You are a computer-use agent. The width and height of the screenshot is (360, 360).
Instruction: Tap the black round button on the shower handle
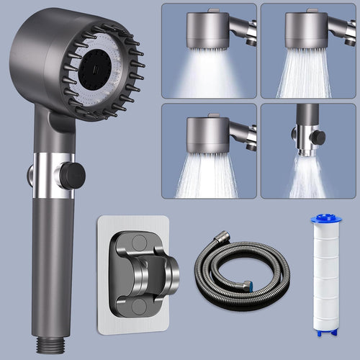(x=73, y=175)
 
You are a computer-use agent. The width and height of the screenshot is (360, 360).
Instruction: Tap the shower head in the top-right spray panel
(x=306, y=30)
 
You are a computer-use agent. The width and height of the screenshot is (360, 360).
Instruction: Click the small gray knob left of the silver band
(x=31, y=174)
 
